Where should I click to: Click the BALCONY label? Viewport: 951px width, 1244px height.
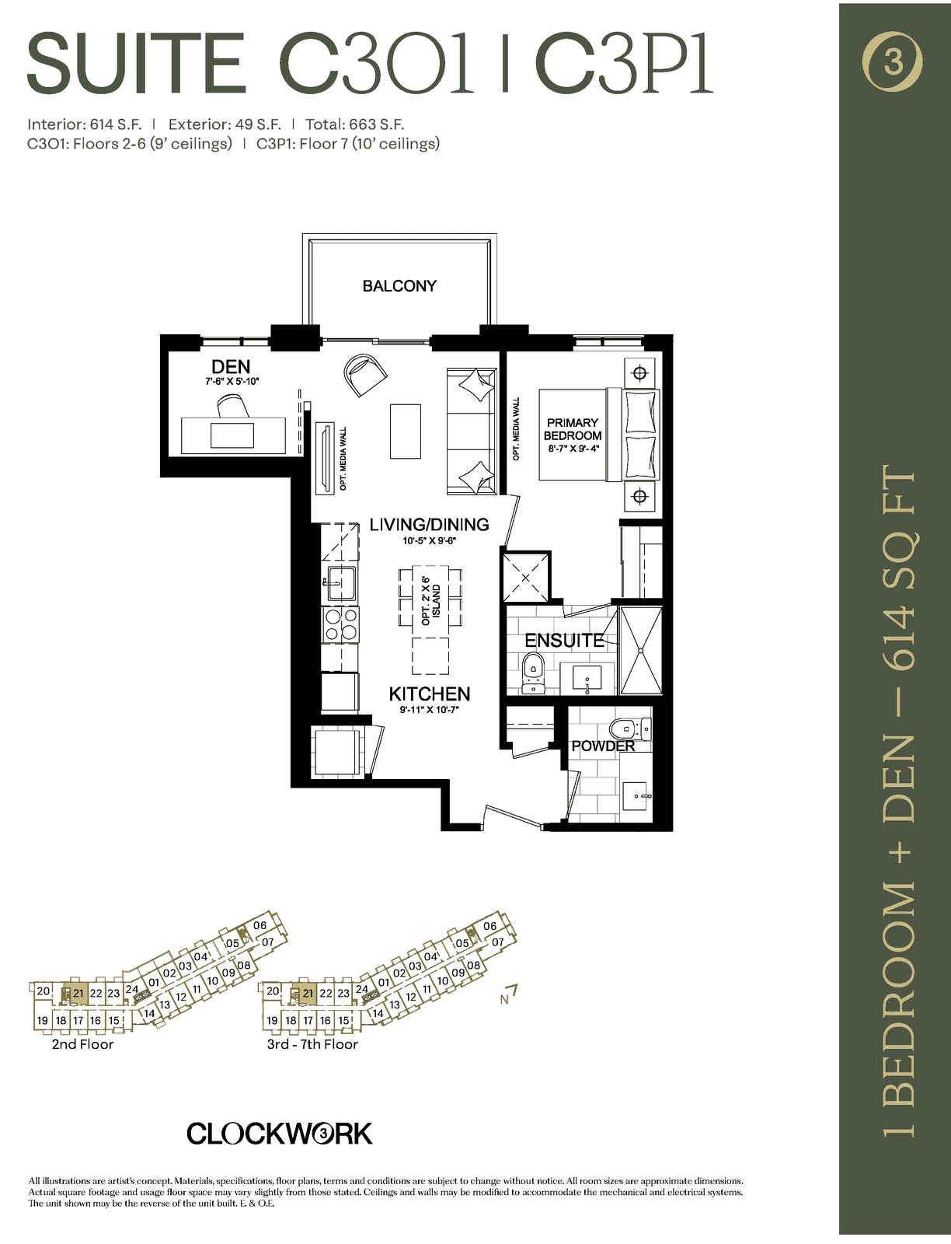[x=399, y=285]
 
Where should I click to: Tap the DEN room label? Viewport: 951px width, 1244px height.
[x=231, y=367]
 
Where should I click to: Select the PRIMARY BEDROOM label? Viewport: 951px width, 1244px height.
[x=573, y=429]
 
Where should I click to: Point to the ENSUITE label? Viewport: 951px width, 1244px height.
[x=564, y=641]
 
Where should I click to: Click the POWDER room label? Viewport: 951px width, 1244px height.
[x=603, y=746]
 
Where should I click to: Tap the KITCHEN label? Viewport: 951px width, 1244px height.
[x=430, y=694]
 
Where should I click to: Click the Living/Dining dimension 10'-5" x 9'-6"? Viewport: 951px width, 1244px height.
[x=430, y=540]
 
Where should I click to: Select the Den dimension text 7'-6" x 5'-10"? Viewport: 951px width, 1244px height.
[x=232, y=382]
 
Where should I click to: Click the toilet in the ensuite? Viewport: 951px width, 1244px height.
[x=533, y=673]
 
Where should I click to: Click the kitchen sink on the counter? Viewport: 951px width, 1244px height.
[x=340, y=583]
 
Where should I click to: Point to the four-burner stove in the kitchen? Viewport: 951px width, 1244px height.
[x=340, y=624]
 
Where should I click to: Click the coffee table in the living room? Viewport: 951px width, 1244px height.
[x=405, y=431]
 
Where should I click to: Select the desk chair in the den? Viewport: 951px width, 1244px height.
[x=233, y=407]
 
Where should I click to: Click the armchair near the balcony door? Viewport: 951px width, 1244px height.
[x=365, y=375]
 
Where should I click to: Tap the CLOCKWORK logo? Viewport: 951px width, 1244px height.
[x=279, y=1134]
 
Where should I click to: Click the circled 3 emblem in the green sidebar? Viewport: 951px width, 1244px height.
[x=893, y=61]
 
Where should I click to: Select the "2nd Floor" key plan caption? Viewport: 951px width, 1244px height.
[x=82, y=1044]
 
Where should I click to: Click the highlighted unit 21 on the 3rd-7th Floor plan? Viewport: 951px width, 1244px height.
[x=306, y=994]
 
